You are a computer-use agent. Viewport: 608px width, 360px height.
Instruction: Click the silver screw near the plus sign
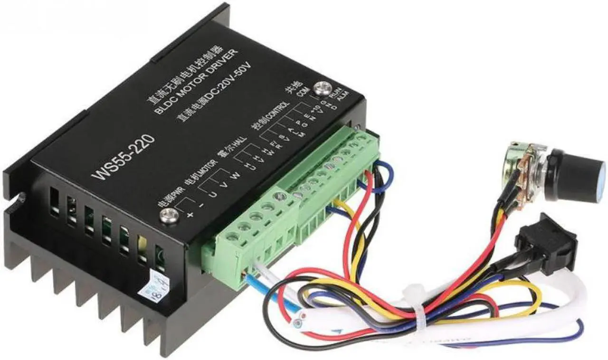[170, 216]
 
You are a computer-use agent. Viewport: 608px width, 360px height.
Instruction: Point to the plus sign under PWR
[191, 216]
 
